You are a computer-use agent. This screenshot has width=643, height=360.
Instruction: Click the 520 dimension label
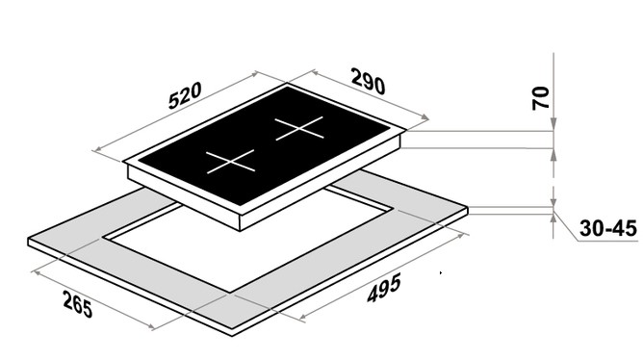pos(185,95)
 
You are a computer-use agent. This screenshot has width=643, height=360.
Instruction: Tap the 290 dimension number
pos(369,81)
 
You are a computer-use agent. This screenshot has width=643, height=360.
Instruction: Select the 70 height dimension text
pos(541,98)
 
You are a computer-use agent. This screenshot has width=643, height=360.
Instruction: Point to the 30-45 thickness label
pos(608,228)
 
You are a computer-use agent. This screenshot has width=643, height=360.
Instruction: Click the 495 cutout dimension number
pos(384,288)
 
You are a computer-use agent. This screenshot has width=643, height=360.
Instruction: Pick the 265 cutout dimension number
pos(78,304)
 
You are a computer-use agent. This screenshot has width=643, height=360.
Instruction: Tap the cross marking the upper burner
pos(299,128)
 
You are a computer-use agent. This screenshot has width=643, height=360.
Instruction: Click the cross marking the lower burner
pos(230,162)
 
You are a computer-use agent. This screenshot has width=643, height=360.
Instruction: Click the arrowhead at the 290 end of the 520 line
pos(255,74)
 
